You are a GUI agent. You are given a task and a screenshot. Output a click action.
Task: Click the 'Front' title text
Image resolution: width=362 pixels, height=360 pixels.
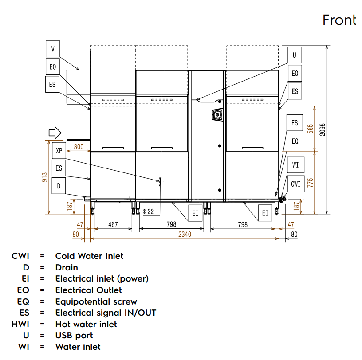tap(339, 20)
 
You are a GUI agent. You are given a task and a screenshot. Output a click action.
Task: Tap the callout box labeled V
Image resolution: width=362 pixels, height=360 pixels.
tap(53, 48)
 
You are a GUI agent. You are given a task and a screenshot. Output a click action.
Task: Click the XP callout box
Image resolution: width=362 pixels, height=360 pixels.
tap(59, 151)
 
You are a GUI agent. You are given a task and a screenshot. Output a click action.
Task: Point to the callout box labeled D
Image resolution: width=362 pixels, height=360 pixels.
tap(59, 186)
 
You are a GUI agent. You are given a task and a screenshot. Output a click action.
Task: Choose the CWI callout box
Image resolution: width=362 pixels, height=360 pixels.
tap(296, 184)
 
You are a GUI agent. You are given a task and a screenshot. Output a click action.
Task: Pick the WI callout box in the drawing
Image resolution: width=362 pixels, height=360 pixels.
tap(296, 165)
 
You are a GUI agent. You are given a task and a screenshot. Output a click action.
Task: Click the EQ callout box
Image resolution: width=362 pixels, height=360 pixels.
tap(295, 142)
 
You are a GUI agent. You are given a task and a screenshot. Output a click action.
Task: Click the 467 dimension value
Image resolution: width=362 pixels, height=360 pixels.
tap(113, 225)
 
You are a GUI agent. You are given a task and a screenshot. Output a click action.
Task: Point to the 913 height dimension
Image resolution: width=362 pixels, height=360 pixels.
tap(45, 177)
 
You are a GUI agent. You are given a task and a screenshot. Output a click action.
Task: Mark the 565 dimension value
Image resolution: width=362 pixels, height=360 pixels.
tap(310, 129)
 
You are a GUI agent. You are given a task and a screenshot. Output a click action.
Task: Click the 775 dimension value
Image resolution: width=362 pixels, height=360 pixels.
tap(310, 182)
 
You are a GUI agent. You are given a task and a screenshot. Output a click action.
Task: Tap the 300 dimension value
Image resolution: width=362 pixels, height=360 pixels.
tap(79, 147)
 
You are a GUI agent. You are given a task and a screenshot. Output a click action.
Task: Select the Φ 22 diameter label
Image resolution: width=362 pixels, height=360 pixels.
tap(149, 212)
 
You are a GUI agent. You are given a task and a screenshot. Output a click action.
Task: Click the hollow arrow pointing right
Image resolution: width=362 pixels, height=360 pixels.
tap(54, 132)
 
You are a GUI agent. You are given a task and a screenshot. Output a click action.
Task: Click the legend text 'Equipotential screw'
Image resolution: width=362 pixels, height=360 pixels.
tap(96, 301)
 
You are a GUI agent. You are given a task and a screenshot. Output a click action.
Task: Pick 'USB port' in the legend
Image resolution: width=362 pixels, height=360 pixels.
tap(74, 336)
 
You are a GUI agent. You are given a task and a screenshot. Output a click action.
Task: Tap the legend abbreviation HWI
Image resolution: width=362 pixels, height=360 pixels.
tap(20, 324)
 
